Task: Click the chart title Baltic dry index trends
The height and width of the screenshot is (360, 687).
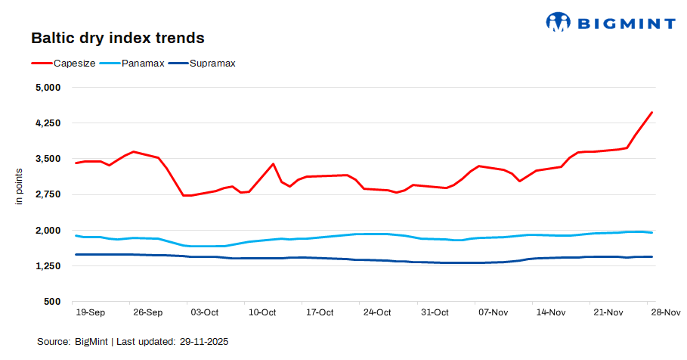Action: (x=117, y=38)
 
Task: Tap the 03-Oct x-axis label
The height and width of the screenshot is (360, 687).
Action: (x=204, y=312)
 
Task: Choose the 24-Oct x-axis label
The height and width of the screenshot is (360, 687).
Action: (x=376, y=312)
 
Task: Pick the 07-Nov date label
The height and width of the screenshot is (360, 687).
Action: (x=492, y=312)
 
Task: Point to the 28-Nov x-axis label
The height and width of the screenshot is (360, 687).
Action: (x=665, y=312)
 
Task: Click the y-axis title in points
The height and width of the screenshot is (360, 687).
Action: (x=20, y=187)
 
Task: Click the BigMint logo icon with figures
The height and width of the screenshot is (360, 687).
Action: (x=558, y=23)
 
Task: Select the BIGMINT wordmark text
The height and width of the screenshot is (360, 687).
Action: (x=627, y=23)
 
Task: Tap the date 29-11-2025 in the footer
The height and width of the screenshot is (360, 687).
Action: (x=204, y=342)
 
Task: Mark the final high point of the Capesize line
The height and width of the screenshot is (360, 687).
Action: (x=651, y=113)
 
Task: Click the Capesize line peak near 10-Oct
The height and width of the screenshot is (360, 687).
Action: (x=273, y=163)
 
